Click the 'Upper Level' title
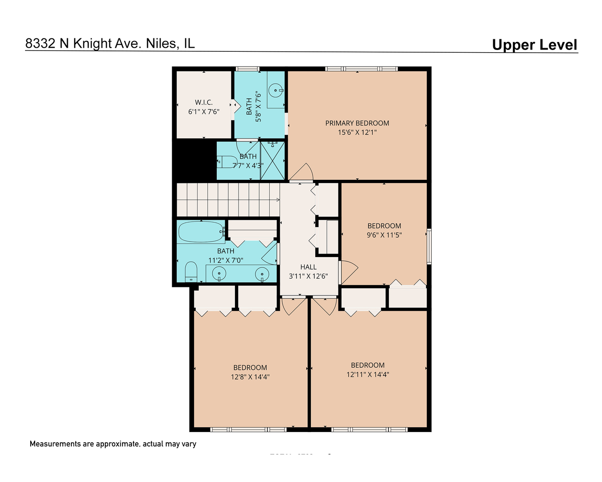click(534, 45)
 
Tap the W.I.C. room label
click(203, 102)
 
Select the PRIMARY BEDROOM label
click(357, 123)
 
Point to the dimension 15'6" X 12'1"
click(357, 133)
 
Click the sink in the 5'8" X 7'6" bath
click(276, 91)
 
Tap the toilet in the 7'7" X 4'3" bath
click(227, 161)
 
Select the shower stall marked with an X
click(272, 161)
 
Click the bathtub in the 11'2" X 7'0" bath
click(201, 232)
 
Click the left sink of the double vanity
click(219, 273)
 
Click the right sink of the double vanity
click(262, 273)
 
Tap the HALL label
click(308, 267)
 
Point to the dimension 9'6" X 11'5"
click(384, 235)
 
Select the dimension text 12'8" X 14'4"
click(250, 377)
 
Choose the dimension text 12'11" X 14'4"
click(367, 375)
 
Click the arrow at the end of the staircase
click(277, 199)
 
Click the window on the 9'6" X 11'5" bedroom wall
click(429, 246)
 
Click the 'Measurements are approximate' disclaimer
click(113, 444)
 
